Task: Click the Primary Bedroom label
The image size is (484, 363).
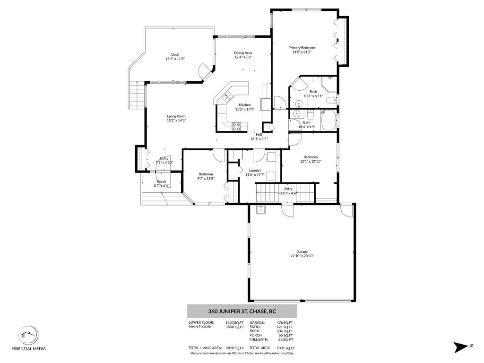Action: pyautogui.click(x=302, y=48)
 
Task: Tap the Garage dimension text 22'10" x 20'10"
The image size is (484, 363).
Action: pyautogui.click(x=302, y=256)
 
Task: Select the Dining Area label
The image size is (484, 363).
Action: pyautogui.click(x=243, y=52)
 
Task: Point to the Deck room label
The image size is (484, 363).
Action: pyautogui.click(x=175, y=54)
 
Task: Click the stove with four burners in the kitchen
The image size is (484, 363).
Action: pyautogui.click(x=237, y=126)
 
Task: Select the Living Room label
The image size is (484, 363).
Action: pyautogui.click(x=176, y=116)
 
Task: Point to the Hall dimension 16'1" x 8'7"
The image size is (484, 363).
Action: pyautogui.click(x=259, y=139)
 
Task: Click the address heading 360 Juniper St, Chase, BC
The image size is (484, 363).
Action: pyautogui.click(x=242, y=311)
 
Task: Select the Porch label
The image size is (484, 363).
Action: pyautogui.click(x=162, y=181)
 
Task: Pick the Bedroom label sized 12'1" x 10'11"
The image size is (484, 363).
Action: pyautogui.click(x=310, y=157)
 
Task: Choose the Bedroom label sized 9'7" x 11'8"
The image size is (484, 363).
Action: pyautogui.click(x=206, y=174)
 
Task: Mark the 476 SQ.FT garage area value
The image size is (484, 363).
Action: pyautogui.click(x=285, y=322)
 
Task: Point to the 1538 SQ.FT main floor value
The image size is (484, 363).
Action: pyautogui.click(x=237, y=327)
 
